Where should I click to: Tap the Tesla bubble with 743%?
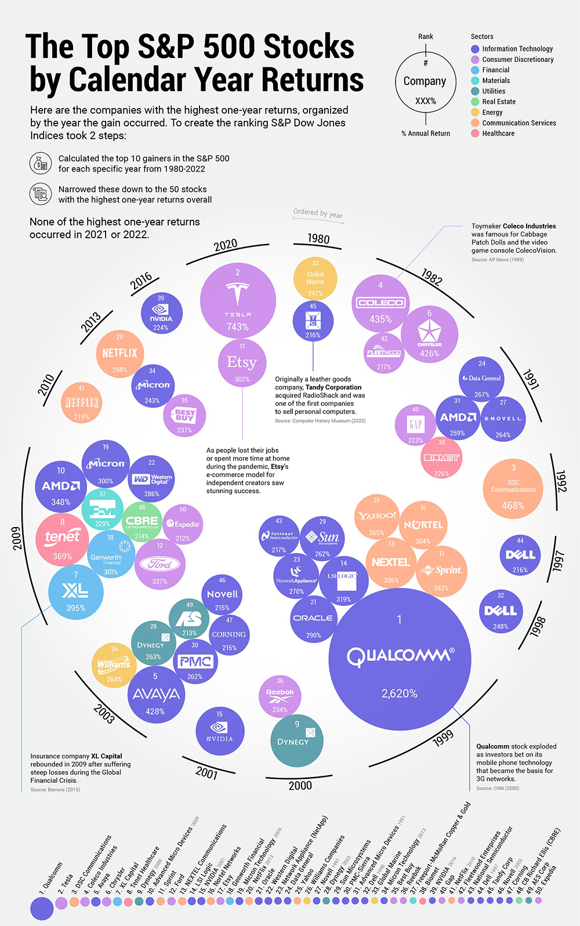coord(237,301)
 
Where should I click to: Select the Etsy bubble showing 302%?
coord(242,364)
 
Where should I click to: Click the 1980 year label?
coord(318,239)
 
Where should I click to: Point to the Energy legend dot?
coord(475,112)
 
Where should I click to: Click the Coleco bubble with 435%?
coord(380,303)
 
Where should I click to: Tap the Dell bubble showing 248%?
coord(501,611)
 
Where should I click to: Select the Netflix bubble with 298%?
coord(119,353)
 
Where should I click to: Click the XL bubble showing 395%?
coord(75,592)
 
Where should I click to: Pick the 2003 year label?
coord(104,714)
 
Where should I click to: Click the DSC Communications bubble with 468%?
coord(513,489)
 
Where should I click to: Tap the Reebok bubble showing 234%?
coord(280,696)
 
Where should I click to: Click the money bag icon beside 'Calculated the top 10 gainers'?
coord(41,164)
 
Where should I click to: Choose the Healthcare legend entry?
coord(498,133)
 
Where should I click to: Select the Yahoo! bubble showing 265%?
coord(376,517)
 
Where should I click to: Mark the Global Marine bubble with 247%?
coord(315,278)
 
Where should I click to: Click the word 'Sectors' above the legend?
coord(482,37)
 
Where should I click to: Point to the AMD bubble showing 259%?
coord(458,418)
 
